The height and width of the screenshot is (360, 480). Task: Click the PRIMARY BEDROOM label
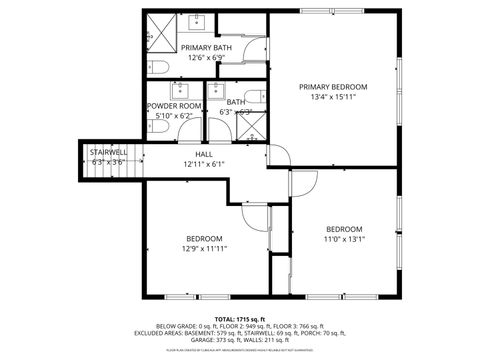click(333, 87)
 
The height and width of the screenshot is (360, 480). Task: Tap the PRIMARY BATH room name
click(206, 47)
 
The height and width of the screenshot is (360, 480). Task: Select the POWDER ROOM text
click(174, 105)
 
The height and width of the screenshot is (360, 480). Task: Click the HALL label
click(204, 154)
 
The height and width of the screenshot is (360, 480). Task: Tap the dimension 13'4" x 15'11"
click(333, 98)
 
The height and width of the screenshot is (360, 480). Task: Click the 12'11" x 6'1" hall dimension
click(204, 164)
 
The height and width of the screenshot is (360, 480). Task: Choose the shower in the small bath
click(251, 126)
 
